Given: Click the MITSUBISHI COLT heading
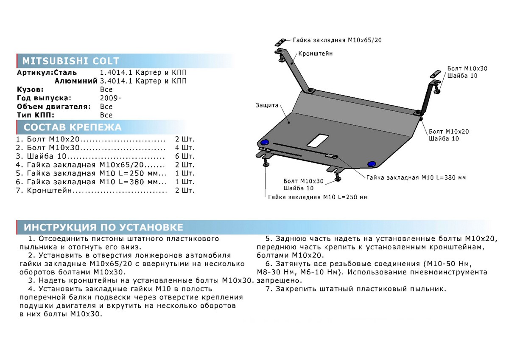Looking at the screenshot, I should [70, 61].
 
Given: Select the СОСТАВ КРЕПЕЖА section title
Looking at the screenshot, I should [72, 127].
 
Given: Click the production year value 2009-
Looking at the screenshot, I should [110, 98].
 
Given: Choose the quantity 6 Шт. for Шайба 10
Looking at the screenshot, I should [185, 156].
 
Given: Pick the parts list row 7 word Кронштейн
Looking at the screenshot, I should [49, 191].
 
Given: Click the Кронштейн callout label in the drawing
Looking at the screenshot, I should [315, 54].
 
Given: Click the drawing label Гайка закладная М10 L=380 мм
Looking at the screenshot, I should [416, 177].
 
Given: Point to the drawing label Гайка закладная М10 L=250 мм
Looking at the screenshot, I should [318, 197].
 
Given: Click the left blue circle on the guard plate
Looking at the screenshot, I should [265, 142].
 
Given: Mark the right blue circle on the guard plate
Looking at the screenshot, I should [372, 163].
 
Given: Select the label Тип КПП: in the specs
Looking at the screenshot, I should [36, 115].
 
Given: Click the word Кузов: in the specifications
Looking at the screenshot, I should [30, 90].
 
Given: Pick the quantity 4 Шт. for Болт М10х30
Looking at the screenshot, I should [185, 148].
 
